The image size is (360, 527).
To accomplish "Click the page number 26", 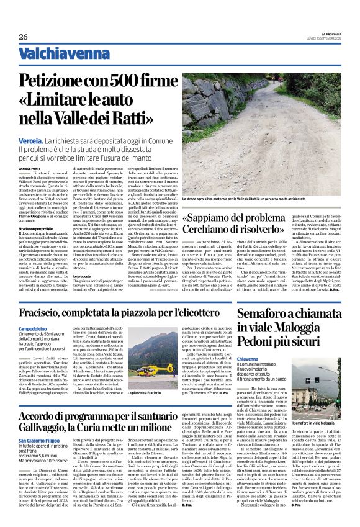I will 24,37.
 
